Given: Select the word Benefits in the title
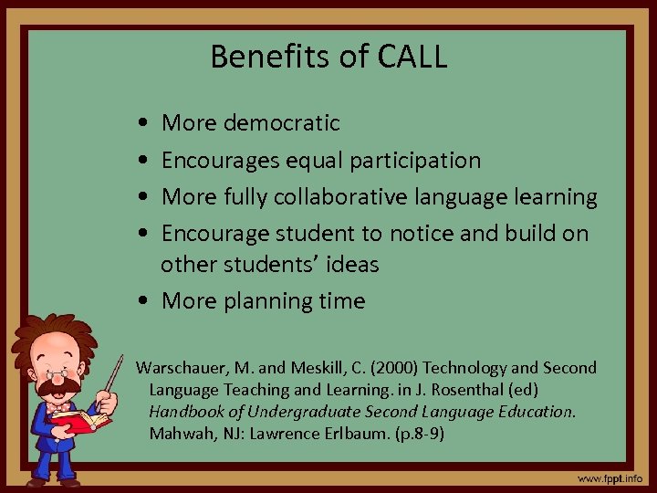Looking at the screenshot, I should coord(264,57).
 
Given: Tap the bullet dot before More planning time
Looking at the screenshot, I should coord(147,301).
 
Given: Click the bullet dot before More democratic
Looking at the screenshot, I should coord(147,122).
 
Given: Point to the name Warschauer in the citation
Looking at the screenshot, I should coord(182,368).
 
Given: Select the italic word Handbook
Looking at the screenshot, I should coord(186,411).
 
